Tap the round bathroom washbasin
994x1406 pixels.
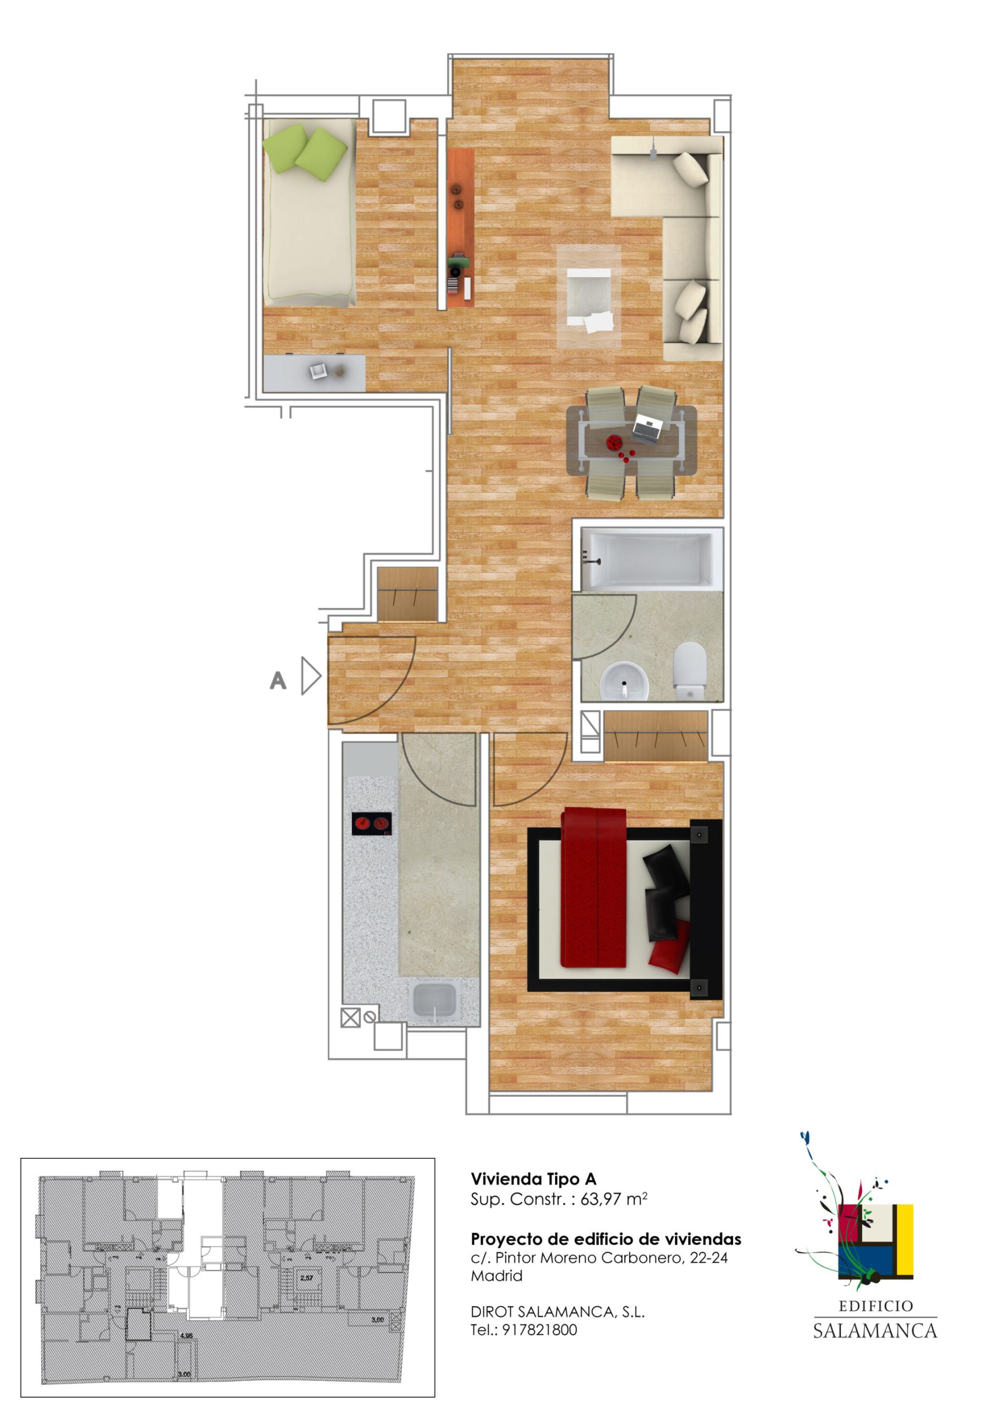click(623, 682)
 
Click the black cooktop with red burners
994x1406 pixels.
click(372, 824)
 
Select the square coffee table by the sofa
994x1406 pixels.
click(589, 297)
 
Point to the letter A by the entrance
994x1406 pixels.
click(278, 680)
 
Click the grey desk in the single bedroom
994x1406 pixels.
click(314, 373)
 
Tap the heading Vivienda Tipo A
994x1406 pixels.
click(533, 1179)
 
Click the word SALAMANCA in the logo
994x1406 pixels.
click(875, 1331)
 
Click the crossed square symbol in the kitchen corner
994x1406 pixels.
click(350, 1018)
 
